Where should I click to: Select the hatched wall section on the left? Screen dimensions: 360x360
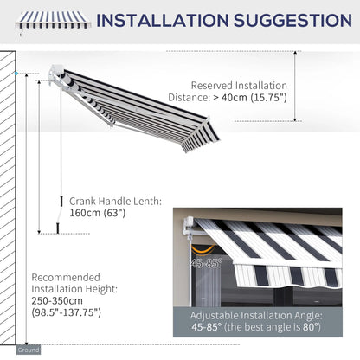point(8,199)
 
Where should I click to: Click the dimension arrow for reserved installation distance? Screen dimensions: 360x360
point(296,87)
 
